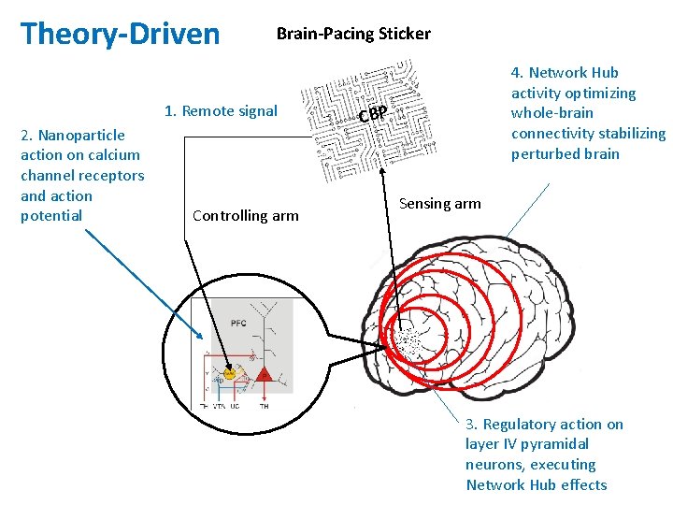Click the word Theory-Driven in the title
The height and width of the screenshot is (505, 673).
pyautogui.click(x=120, y=35)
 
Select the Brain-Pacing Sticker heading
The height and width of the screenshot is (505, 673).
pyautogui.click(x=353, y=34)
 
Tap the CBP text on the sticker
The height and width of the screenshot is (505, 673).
pyautogui.click(x=374, y=115)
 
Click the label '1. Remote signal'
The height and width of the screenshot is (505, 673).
pyautogui.click(x=221, y=111)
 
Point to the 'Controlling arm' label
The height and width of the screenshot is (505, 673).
pyautogui.click(x=245, y=216)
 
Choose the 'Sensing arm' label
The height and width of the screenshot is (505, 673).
pyautogui.click(x=439, y=204)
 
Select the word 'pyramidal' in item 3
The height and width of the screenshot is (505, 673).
pyautogui.click(x=557, y=444)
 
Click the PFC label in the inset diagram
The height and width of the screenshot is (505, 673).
pyautogui.click(x=238, y=323)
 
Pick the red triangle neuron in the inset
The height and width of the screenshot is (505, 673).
pyautogui.click(x=265, y=375)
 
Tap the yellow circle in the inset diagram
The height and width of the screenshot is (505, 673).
pyautogui.click(x=229, y=374)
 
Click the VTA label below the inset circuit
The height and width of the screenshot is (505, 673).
pyautogui.click(x=220, y=407)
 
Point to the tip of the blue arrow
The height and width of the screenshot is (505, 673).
pyautogui.click(x=203, y=339)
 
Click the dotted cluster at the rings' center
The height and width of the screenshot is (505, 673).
pyautogui.click(x=408, y=344)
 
